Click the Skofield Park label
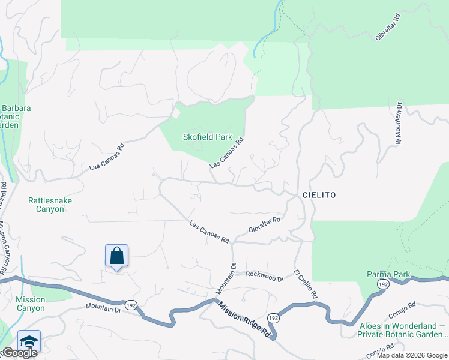pos(207,137)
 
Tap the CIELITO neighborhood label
pos(319,196)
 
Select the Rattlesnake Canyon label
pos(46,205)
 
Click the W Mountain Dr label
pos(397,123)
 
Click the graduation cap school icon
pos(29,341)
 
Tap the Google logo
pos(19,353)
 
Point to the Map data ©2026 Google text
pos(412,355)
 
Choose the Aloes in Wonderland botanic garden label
pos(402,331)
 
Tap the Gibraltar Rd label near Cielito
pos(264,226)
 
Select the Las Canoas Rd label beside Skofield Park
pos(226,154)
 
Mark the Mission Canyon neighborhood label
pos(30,304)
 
